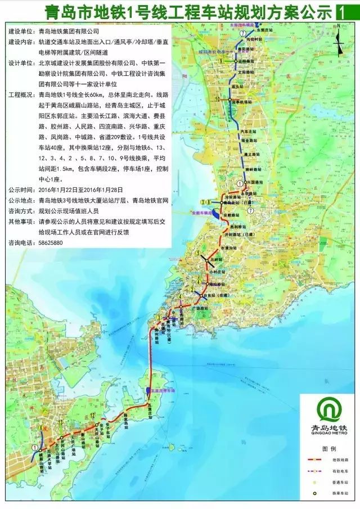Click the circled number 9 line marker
point(221,60)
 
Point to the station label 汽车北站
point(248,130)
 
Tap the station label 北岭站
point(212,259)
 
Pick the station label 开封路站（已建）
point(243,235)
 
